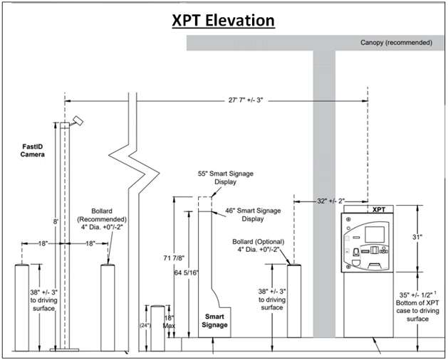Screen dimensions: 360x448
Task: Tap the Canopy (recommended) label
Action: [x=396, y=43]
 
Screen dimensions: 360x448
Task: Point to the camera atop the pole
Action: [x=78, y=120]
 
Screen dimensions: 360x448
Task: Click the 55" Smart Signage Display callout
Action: [x=225, y=177]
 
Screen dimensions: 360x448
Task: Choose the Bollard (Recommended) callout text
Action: [x=108, y=223]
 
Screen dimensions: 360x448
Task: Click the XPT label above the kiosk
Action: [x=380, y=211]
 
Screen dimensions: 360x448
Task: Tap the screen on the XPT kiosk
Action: [x=373, y=234]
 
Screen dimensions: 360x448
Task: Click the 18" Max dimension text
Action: [x=170, y=322]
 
